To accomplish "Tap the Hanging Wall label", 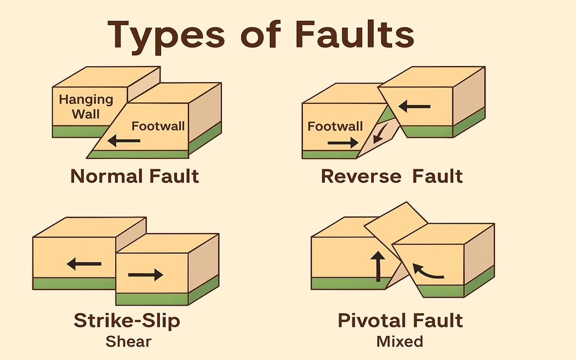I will click(x=86, y=106).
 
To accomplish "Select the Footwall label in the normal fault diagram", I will click(x=158, y=126).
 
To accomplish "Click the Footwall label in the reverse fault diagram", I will click(x=335, y=126).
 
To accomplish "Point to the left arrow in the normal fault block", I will click(x=123, y=141).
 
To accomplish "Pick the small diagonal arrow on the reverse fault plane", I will click(x=380, y=134).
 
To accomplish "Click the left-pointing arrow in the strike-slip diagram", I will click(x=84, y=263).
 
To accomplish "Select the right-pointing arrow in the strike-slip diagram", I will click(x=146, y=275).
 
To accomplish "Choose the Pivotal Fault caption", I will click(x=400, y=321).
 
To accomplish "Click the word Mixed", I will click(x=399, y=341).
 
